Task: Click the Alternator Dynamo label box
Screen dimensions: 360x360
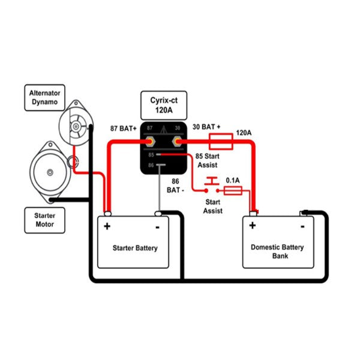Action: [x=44, y=98]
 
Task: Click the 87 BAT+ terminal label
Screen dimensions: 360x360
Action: [x=124, y=128]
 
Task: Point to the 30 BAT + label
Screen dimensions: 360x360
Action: [x=206, y=128]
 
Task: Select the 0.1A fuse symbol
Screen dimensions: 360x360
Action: [x=232, y=190]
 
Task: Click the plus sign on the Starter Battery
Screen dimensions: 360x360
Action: [x=107, y=226]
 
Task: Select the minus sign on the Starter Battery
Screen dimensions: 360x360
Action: [x=157, y=227]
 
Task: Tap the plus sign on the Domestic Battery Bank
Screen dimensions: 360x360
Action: [x=253, y=226]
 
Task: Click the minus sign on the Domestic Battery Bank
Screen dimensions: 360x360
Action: [x=302, y=226]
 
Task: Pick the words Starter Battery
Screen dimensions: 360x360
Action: [x=136, y=247]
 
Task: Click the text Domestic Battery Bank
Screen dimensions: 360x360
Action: [x=277, y=251]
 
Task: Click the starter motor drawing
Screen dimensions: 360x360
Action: [x=50, y=172]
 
